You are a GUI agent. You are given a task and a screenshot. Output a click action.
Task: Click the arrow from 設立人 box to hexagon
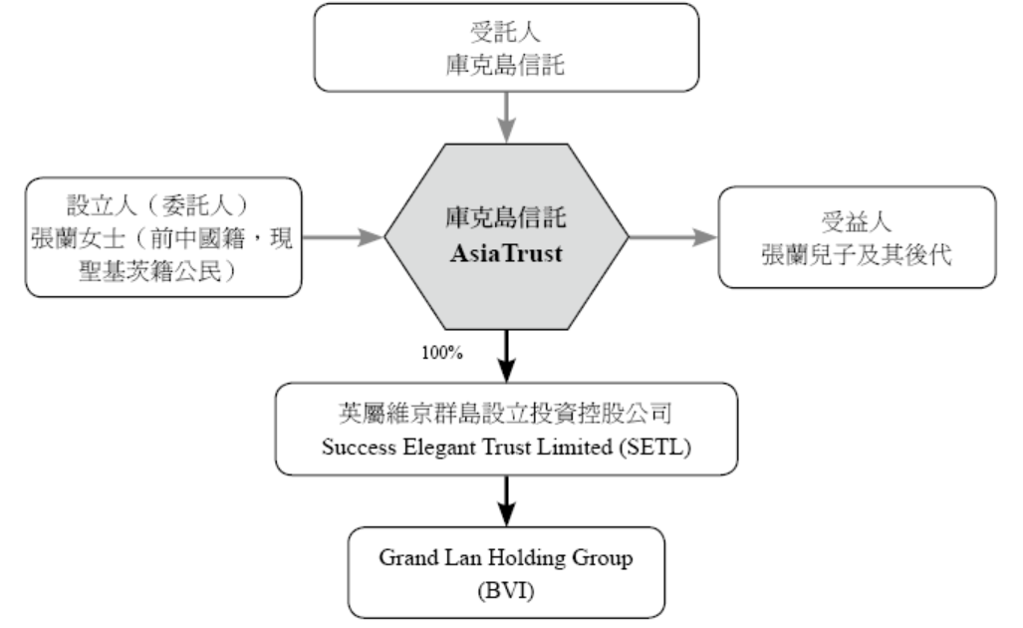point(344,237)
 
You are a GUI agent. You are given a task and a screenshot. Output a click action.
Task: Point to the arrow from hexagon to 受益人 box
point(672,237)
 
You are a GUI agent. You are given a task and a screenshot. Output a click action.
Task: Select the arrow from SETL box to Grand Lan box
point(506,499)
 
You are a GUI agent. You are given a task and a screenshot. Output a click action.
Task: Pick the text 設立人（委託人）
point(162,207)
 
